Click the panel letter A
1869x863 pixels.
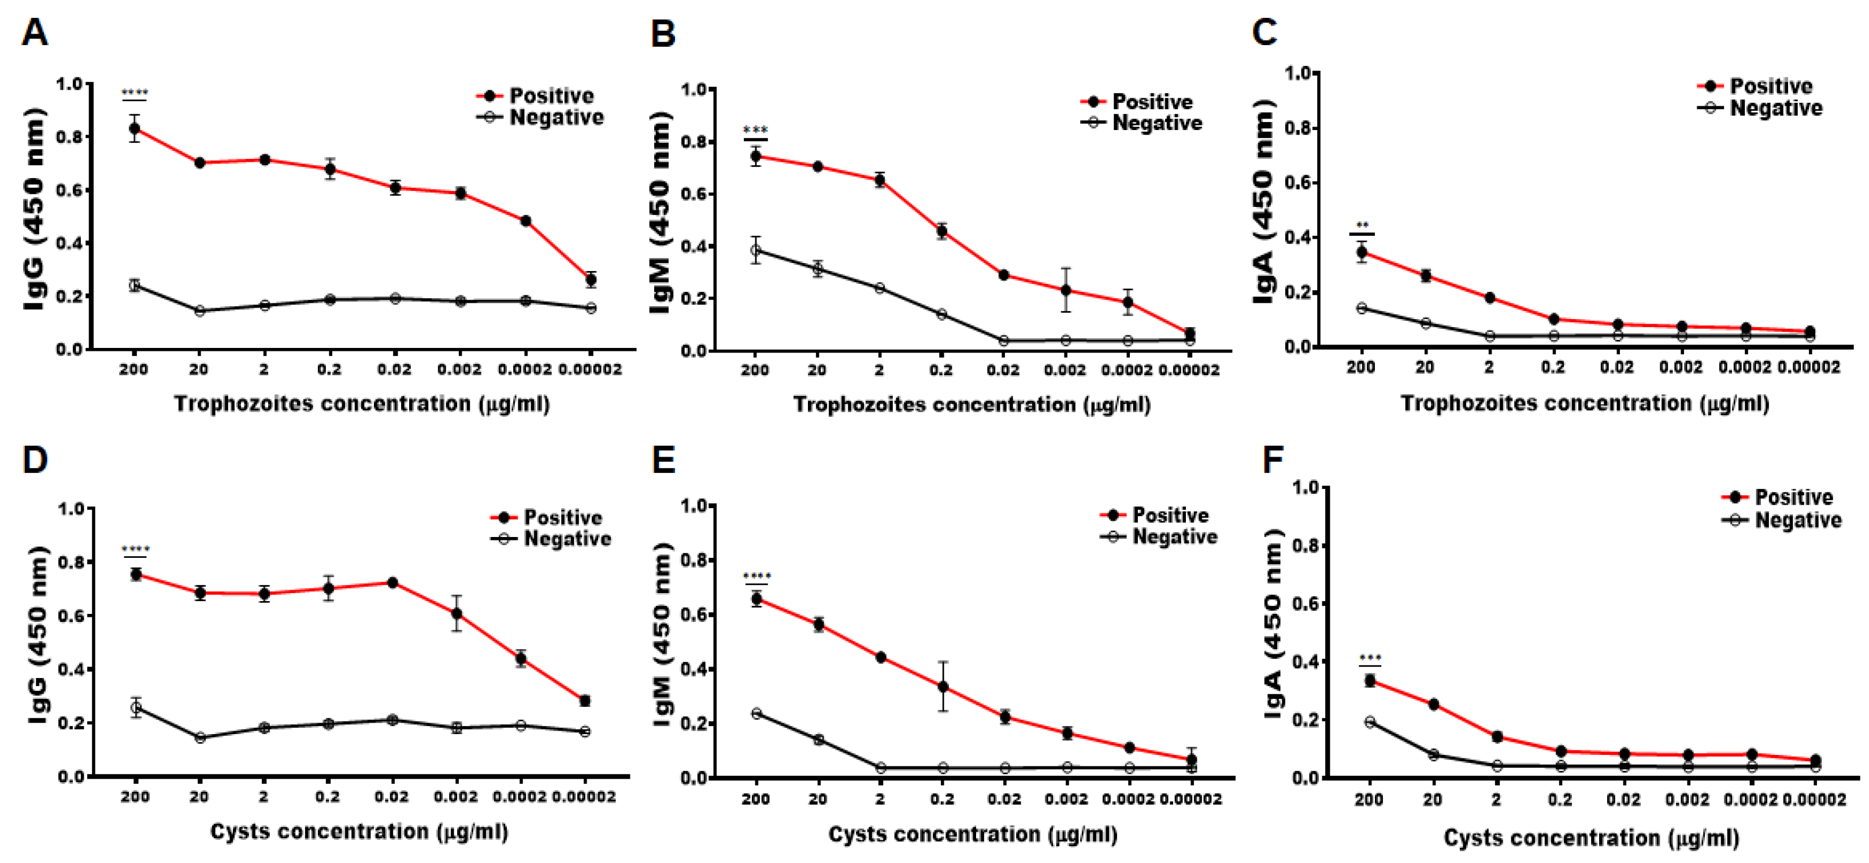click(x=34, y=33)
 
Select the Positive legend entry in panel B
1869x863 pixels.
click(x=1152, y=102)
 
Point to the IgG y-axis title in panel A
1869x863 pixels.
click(x=34, y=210)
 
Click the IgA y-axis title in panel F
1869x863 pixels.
click(x=1274, y=624)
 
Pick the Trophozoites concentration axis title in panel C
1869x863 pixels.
click(x=1584, y=403)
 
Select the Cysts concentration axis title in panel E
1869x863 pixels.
click(x=972, y=835)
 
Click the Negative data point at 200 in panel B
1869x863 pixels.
click(x=755, y=250)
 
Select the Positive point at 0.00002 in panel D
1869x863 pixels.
click(x=585, y=701)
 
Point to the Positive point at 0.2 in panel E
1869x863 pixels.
click(x=943, y=687)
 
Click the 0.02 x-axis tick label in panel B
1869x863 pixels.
click(x=1003, y=370)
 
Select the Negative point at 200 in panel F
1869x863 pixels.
click(x=1370, y=721)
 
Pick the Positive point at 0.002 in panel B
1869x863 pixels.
click(x=1066, y=290)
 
